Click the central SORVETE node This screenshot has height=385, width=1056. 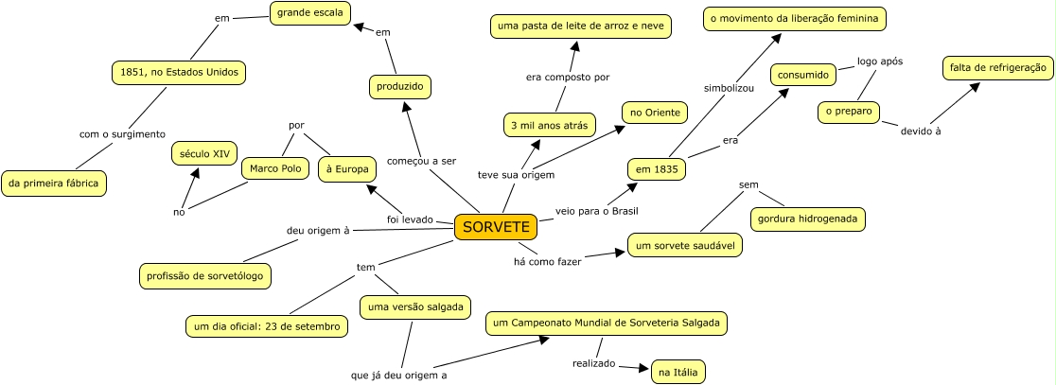pyautogui.click(x=496, y=228)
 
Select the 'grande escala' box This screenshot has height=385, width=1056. pyautogui.click(x=309, y=13)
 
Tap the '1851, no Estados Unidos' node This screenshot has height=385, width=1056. pyautogui.click(x=178, y=72)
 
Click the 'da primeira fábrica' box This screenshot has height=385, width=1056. pyautogui.click(x=53, y=184)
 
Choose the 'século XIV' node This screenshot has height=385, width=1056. pyautogui.click(x=204, y=153)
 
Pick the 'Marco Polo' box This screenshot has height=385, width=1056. pyautogui.click(x=275, y=169)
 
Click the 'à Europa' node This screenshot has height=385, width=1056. pyautogui.click(x=346, y=169)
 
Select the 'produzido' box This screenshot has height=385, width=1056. pyautogui.click(x=399, y=87)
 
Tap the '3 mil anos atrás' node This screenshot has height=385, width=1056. pyautogui.click(x=548, y=124)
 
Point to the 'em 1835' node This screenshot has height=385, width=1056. pyautogui.click(x=658, y=169)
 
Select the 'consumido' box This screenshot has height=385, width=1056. pyautogui.click(x=803, y=74)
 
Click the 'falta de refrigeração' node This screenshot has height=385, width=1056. pyautogui.click(x=997, y=68)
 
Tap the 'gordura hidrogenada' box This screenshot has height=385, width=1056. pyautogui.click(x=807, y=219)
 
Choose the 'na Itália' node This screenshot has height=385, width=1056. pyautogui.click(x=678, y=373)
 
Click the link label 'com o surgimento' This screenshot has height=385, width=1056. pyautogui.click(x=122, y=134)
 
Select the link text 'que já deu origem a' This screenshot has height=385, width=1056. pyautogui.click(x=398, y=375)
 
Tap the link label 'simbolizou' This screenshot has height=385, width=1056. pyautogui.click(x=729, y=88)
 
